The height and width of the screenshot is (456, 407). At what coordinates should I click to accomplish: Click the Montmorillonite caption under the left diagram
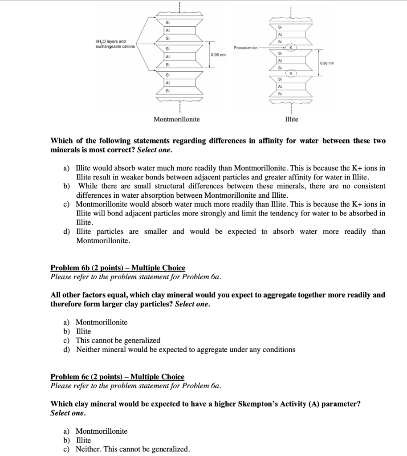coord(176,119)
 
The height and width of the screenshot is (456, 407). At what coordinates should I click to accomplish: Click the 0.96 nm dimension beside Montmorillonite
coord(218,54)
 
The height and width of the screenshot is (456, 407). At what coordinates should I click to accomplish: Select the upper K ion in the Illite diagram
coord(291,47)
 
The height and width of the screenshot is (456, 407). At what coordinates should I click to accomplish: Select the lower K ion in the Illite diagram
coord(291,73)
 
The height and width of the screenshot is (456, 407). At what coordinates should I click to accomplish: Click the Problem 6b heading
coord(118,268)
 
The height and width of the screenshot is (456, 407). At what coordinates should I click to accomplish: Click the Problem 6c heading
coord(117,377)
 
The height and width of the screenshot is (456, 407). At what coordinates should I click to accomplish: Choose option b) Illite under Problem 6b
coord(83,331)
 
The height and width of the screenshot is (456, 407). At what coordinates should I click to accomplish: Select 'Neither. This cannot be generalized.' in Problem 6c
coord(133,449)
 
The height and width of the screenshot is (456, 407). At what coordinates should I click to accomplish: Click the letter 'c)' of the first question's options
coord(66,204)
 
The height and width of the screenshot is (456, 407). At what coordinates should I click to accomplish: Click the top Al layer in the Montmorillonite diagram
coord(167,30)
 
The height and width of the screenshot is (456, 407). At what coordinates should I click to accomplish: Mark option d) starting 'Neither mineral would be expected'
coord(185,350)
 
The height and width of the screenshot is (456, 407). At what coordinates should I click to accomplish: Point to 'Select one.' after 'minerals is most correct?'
coord(155,150)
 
